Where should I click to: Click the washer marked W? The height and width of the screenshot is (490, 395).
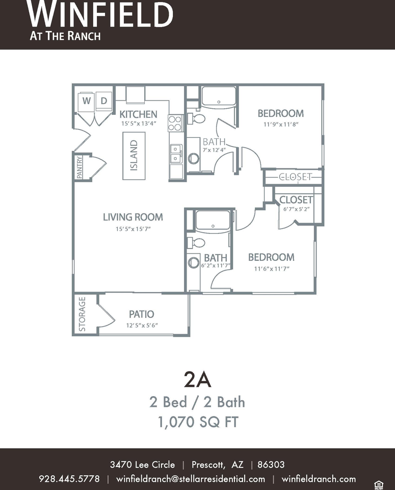click(87, 101)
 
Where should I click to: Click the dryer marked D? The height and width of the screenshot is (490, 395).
click(103, 101)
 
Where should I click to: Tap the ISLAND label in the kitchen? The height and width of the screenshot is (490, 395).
click(134, 155)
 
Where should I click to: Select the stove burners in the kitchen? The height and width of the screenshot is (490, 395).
click(175, 123)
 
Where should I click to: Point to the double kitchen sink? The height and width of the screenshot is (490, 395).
click(176, 154)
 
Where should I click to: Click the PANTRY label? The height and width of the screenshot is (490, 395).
click(79, 167)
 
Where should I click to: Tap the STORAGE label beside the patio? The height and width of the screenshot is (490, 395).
click(82, 314)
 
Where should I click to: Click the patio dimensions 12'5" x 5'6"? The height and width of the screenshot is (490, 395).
click(142, 325)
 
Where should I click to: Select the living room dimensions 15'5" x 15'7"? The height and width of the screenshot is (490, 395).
click(133, 229)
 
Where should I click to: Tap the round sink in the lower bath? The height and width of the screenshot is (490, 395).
click(194, 262)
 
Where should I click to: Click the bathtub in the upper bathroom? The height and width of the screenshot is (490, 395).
click(219, 96)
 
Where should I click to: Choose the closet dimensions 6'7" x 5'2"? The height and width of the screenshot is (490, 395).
click(297, 209)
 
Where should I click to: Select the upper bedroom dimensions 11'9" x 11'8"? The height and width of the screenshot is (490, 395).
click(281, 124)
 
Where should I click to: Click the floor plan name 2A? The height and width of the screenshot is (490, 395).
click(198, 380)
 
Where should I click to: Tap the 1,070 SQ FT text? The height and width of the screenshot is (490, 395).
click(198, 422)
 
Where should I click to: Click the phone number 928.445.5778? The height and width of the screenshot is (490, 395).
click(69, 479)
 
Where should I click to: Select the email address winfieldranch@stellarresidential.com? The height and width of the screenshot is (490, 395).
click(190, 479)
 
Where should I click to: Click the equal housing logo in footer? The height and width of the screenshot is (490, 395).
click(379, 485)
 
